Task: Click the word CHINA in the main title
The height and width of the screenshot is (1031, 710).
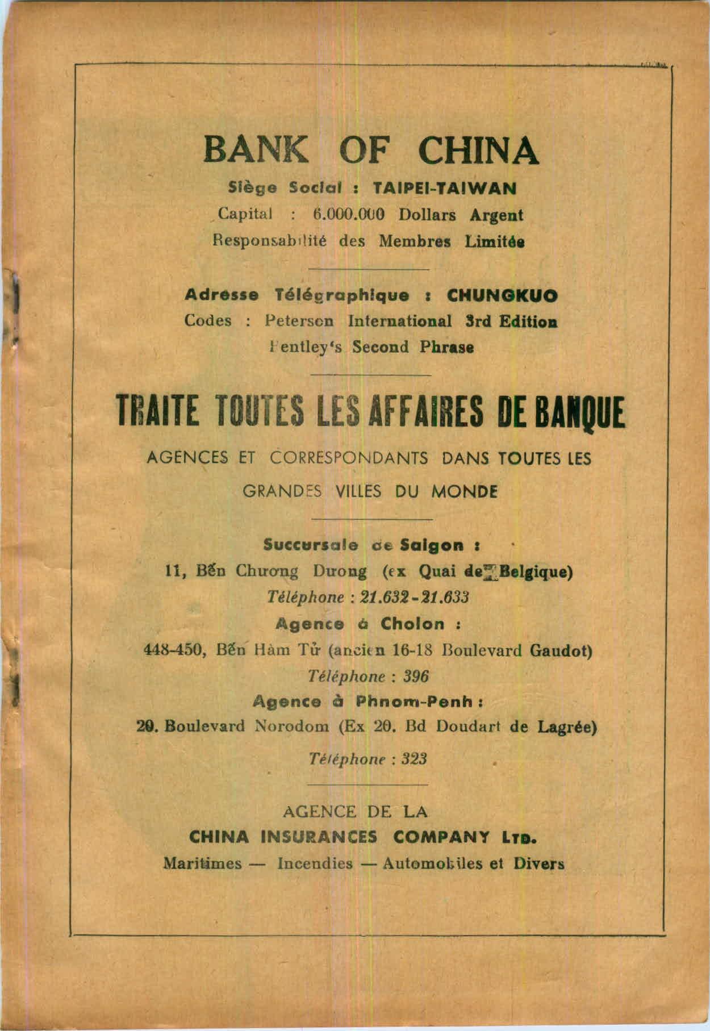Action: [x=478, y=149]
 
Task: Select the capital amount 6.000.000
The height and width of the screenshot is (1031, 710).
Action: [x=349, y=216]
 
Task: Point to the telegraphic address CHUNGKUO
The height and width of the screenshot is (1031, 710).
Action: [x=502, y=295]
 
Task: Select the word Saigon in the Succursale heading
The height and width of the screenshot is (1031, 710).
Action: [x=435, y=545]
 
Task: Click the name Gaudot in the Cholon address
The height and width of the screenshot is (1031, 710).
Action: [x=561, y=650]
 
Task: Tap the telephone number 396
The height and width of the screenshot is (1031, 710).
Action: [x=415, y=677]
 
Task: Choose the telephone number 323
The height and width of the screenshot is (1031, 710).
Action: [x=414, y=759]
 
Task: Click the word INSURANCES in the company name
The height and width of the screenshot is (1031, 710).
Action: [x=319, y=837]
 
